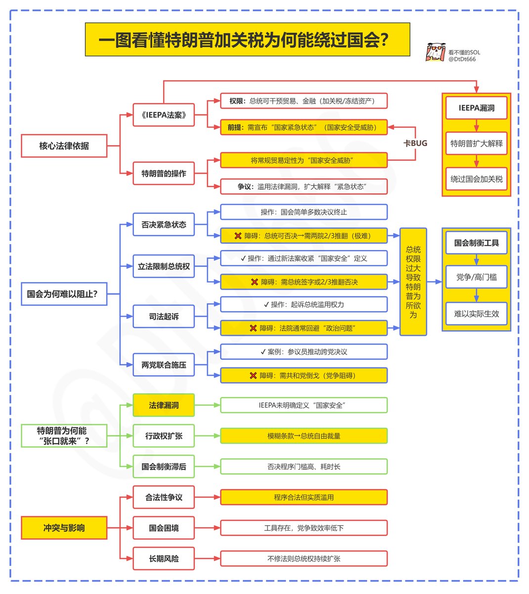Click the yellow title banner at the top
click(247, 39)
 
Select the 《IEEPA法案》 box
click(164, 115)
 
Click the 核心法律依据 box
click(64, 146)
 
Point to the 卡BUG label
click(415, 143)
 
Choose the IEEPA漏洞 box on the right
click(476, 108)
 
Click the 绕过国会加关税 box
click(476, 179)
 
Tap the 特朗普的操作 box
click(164, 173)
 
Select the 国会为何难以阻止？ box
click(64, 294)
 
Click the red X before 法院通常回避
click(253, 328)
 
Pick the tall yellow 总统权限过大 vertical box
click(413, 282)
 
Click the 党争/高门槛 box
click(476, 277)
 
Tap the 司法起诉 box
click(164, 316)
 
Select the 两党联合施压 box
click(164, 365)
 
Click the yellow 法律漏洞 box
click(164, 405)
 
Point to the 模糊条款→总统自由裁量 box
click(304, 436)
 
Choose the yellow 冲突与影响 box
click(64, 528)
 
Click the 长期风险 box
click(164, 559)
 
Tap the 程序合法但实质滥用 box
click(304, 497)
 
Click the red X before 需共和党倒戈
click(253, 376)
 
